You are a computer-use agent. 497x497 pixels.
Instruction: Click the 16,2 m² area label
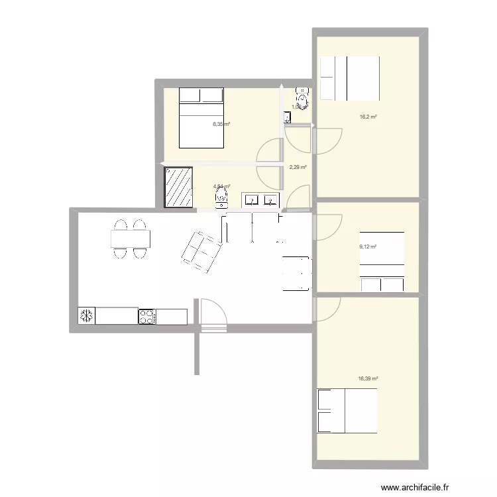click(x=368, y=117)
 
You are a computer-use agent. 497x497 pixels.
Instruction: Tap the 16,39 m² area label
click(x=368, y=379)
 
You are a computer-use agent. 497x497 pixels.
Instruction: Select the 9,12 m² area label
click(x=368, y=247)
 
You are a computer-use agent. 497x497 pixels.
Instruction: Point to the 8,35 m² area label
click(x=221, y=124)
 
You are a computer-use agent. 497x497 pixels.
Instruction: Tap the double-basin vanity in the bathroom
click(x=262, y=199)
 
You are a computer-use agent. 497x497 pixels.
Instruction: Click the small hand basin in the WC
click(x=288, y=118)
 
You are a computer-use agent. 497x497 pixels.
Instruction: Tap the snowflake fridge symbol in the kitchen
click(x=86, y=316)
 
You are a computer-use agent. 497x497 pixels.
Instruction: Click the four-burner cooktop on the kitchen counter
click(x=147, y=316)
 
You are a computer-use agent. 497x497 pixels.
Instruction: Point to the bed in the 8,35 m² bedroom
click(x=201, y=118)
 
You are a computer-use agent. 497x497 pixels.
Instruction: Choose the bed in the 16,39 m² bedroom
click(x=348, y=411)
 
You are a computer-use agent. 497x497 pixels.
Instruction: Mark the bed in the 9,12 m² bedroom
click(x=382, y=261)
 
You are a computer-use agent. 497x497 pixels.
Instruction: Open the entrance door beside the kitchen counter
click(x=212, y=314)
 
